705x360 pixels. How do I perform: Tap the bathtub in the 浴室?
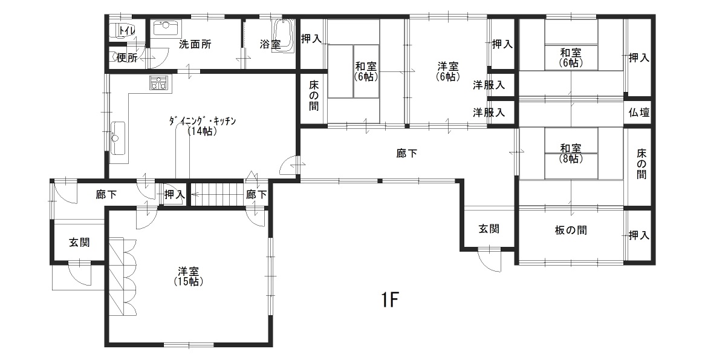click(283, 36)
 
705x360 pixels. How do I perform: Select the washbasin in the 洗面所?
click(166, 27)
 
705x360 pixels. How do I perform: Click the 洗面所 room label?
click(195, 45)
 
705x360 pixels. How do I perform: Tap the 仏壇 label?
click(639, 113)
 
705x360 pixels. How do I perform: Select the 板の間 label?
click(571, 231)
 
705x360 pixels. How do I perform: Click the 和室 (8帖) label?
click(571, 153)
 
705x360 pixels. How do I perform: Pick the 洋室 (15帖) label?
click(189, 277)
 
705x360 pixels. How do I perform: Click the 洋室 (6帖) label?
click(448, 71)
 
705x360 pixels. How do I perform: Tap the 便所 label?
click(127, 58)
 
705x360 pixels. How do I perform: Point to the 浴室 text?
click(270, 45)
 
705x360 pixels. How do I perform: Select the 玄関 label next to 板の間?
click(489, 229)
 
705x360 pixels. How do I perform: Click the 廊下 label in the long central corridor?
click(407, 154)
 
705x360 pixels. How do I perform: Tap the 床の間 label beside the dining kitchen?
click(313, 96)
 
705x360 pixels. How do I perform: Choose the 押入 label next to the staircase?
click(174, 194)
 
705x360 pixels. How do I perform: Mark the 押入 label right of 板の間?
click(639, 235)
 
